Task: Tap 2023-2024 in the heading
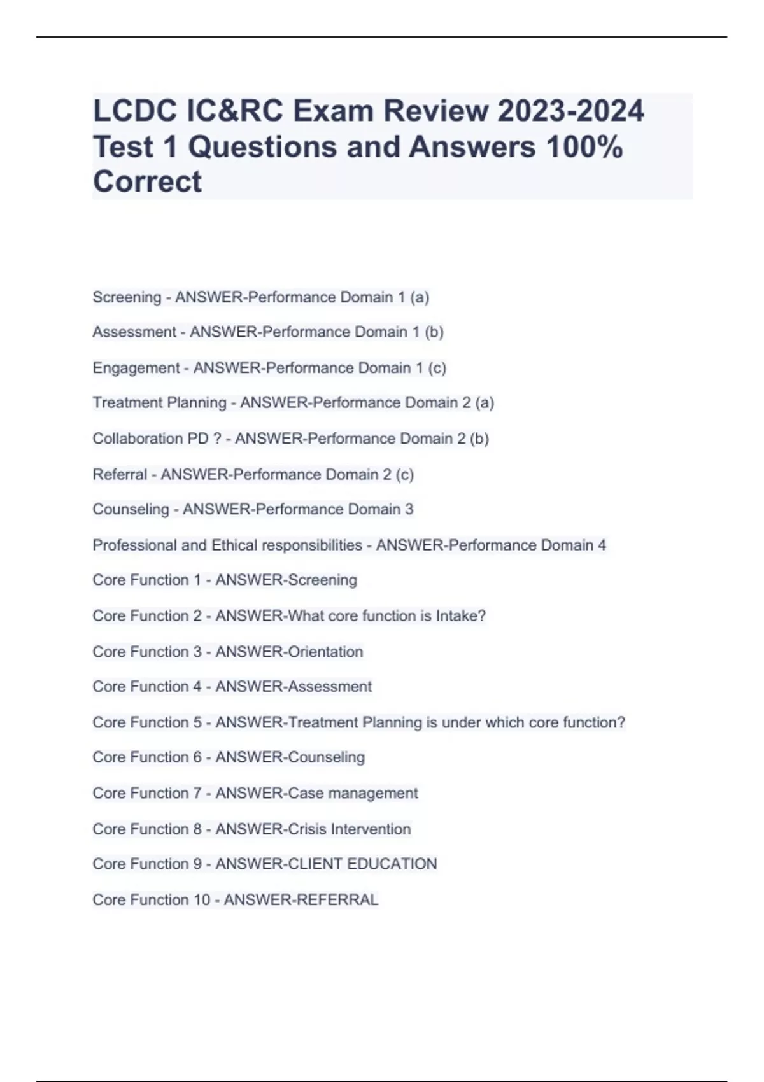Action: [x=570, y=111]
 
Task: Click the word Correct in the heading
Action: [x=147, y=182]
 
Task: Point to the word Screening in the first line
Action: [x=127, y=297]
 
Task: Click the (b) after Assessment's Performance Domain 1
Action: [x=434, y=332]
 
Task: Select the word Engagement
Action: [x=136, y=368]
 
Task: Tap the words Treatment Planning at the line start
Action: [x=159, y=403]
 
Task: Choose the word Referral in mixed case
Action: [x=120, y=474]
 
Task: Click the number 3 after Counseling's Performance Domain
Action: [x=409, y=509]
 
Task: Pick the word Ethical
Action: [x=234, y=545]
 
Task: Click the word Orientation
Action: [x=325, y=652]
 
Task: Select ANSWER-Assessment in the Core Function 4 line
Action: [x=294, y=687]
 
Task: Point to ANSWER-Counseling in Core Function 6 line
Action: [x=290, y=757]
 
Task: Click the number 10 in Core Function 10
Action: [x=201, y=900]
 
